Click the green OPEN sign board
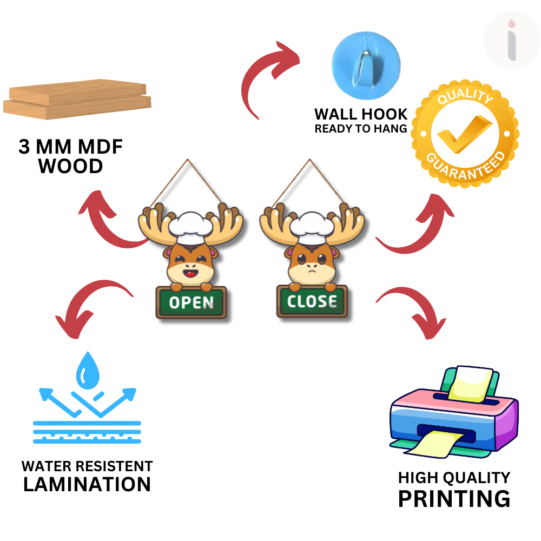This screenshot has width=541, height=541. [192, 302]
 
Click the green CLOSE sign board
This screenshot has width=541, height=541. [312, 301]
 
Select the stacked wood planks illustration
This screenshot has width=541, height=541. [77, 100]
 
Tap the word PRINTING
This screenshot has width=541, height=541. [454, 498]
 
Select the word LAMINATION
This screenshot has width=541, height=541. [87, 484]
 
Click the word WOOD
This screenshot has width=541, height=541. [71, 166]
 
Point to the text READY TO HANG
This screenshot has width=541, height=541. [360, 129]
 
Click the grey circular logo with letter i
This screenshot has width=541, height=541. [511, 41]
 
